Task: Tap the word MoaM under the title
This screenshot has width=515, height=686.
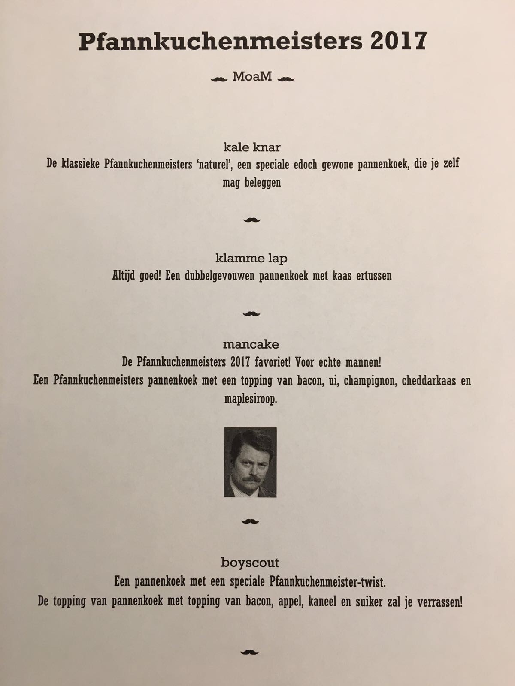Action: click(252, 77)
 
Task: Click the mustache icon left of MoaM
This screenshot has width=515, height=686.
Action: click(219, 78)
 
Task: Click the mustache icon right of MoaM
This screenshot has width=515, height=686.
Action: click(286, 78)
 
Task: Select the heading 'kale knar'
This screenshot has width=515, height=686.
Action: click(252, 147)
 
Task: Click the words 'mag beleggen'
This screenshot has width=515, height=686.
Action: click(252, 182)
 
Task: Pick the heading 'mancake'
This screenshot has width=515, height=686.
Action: click(251, 344)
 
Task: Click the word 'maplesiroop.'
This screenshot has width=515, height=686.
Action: click(251, 399)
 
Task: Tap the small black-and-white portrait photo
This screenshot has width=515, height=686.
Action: click(250, 462)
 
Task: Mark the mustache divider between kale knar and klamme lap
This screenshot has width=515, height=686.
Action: click(252, 220)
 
